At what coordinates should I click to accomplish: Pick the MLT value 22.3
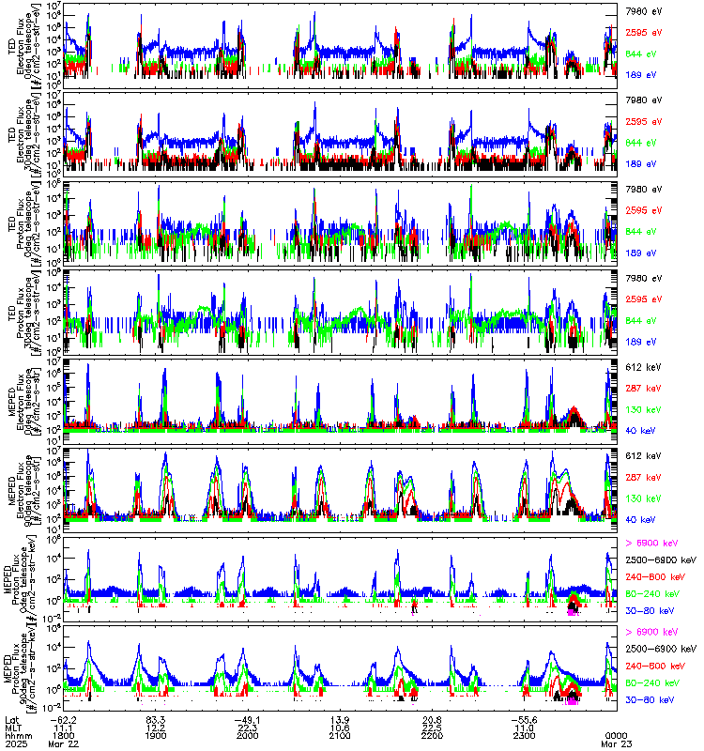click(x=248, y=727)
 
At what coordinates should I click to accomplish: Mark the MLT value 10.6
click(x=340, y=727)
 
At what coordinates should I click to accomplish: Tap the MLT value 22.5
click(x=432, y=727)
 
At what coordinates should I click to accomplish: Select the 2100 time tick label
click(x=339, y=736)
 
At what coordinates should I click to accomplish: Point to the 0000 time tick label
click(x=616, y=736)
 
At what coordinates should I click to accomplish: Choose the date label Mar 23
click(x=616, y=745)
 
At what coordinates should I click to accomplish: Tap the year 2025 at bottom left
click(x=17, y=745)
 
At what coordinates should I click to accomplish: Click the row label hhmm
click(x=17, y=736)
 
